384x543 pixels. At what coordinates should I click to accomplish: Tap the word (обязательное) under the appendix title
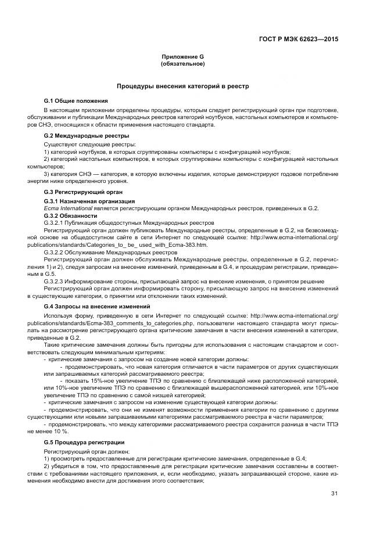point(182,63)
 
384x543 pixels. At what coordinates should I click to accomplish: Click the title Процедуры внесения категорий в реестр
point(182,86)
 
